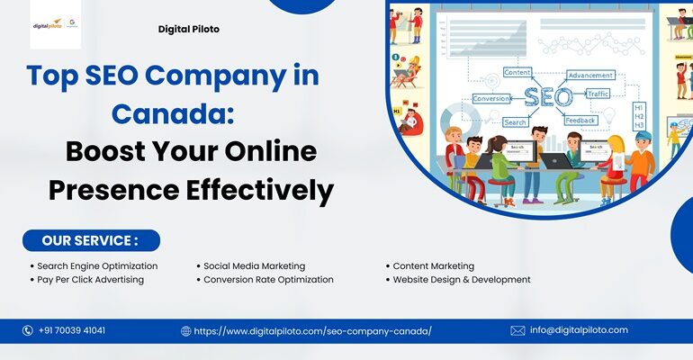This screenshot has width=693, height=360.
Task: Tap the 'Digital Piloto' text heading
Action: coord(188,29)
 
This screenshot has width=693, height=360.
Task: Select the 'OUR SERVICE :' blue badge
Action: coord(91,240)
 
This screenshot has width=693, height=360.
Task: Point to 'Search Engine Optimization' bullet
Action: coord(97,266)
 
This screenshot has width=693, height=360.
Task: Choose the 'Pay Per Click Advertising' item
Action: coord(90,280)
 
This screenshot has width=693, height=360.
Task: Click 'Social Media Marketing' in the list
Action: coord(253,266)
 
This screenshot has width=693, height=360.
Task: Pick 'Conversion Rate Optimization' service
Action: coord(267,280)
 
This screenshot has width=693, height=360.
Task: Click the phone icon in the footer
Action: coord(28,330)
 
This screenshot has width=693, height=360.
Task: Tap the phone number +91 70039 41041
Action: coord(72,330)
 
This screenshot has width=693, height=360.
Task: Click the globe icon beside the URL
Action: coord(186,330)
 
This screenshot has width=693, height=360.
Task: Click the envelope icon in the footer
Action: coord(517,330)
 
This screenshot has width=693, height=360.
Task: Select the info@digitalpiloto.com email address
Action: coord(579,330)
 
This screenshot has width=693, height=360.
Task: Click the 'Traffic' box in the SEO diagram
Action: coord(598,94)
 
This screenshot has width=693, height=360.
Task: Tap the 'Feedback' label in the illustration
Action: coord(580,120)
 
